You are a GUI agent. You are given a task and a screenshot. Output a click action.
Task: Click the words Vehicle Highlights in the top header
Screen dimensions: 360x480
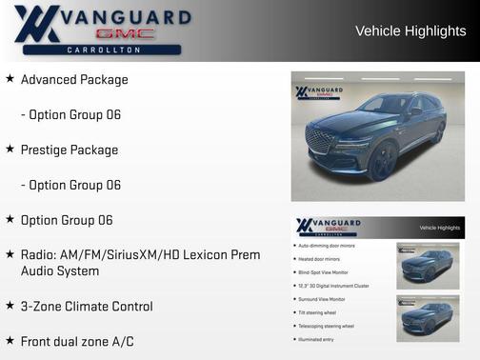[x=410, y=31]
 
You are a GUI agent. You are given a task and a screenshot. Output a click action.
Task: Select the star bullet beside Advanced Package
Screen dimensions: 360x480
[x=10, y=79]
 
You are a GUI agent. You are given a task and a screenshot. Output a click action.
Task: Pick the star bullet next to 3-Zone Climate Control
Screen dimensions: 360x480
[x=10, y=306]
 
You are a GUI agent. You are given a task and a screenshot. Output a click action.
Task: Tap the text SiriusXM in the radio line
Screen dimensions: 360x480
[x=130, y=255]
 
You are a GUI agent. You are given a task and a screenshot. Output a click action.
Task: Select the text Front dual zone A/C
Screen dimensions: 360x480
[x=87, y=341]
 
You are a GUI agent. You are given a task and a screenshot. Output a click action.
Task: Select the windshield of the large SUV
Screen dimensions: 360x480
[x=377, y=105]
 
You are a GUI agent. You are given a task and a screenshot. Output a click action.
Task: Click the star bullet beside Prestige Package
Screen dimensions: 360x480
[x=10, y=150]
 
